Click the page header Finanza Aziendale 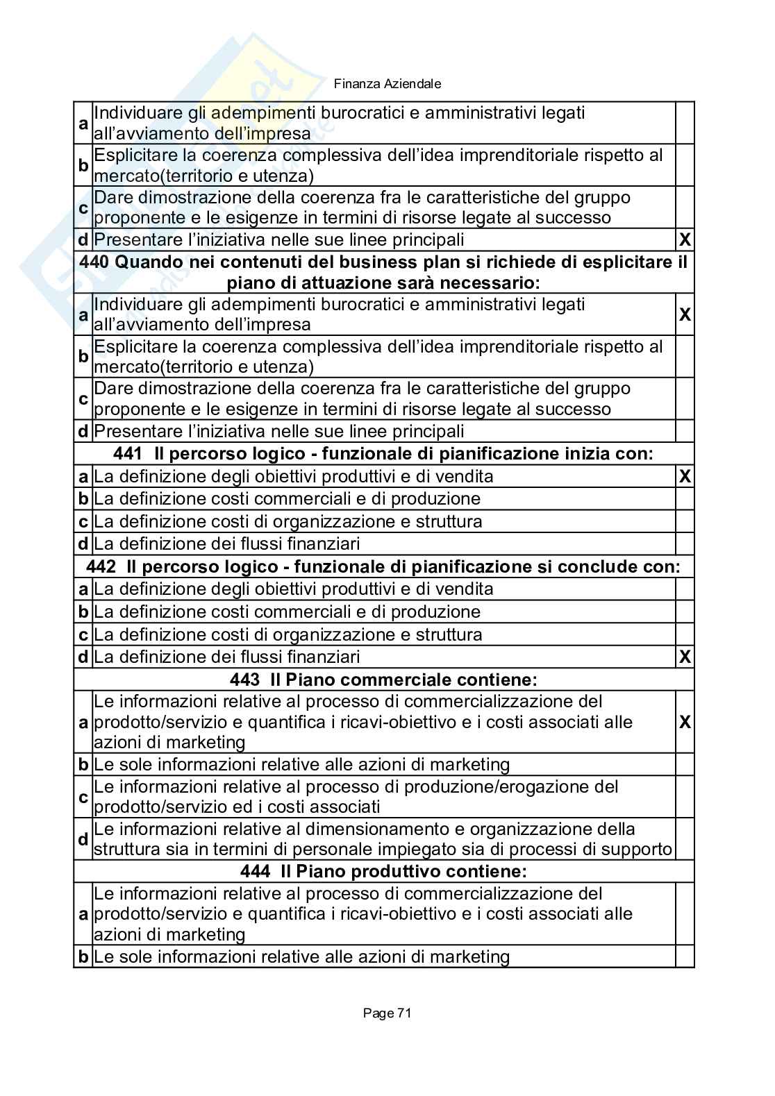[387, 84]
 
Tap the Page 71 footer [387, 1013]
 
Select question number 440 [94, 262]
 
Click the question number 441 [127, 454]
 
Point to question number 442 [101, 566]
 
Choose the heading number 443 [245, 680]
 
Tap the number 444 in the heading [255, 871]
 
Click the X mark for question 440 [685, 314]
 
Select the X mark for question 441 [685, 476]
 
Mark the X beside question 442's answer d [685, 657]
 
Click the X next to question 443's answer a [685, 722]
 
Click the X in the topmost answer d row [685, 240]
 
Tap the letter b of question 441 [83, 499]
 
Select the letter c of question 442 [83, 634]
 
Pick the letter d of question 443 [83, 839]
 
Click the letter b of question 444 [83, 957]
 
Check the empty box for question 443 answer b [685, 765]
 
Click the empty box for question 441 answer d [685, 543]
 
